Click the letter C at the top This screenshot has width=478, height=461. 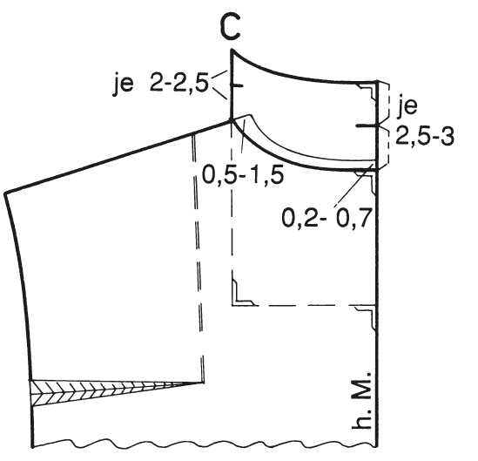pos(229,28)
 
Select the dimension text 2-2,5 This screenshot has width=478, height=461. pos(179,83)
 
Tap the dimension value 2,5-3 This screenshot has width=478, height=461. pos(425,136)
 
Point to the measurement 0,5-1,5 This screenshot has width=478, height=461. pos(243,175)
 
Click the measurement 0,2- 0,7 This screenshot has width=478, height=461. pos(327,217)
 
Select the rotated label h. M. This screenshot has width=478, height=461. pos(361,400)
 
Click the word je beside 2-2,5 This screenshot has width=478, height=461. pos(124,83)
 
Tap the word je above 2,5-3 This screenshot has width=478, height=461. pos(407,107)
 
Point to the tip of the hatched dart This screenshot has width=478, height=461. pos(203,383)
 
